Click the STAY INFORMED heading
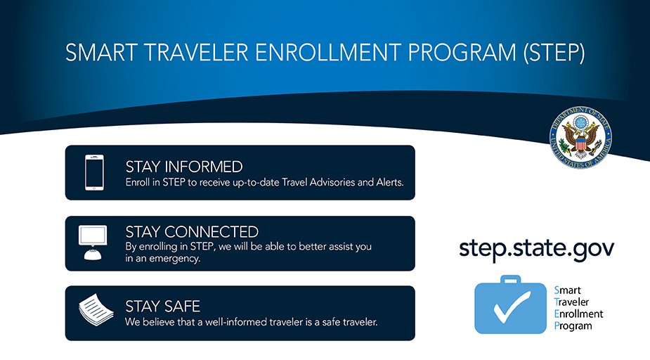(183, 167)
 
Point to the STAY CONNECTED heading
(192, 232)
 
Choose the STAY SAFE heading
(162, 307)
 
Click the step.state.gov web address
(537, 248)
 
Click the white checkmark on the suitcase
(510, 309)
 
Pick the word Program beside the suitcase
(573, 326)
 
